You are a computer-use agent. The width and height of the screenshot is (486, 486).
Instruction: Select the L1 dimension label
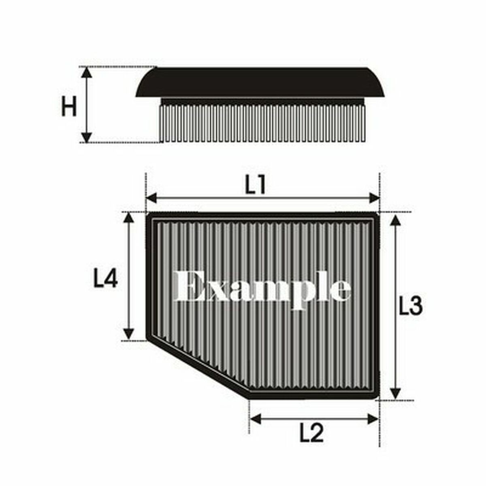pyautogui.click(x=256, y=185)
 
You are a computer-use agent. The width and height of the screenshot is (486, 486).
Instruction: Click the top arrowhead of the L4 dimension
pyautogui.click(x=129, y=218)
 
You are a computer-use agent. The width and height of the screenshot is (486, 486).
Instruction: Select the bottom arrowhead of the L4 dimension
pyautogui.click(x=129, y=334)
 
